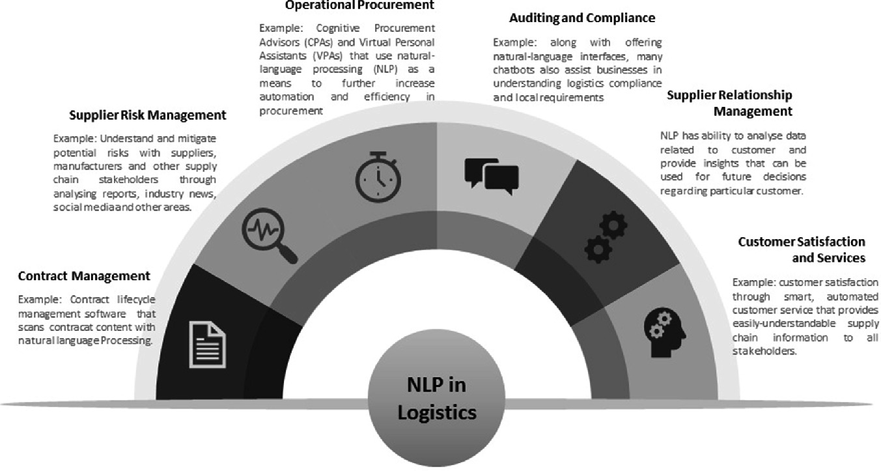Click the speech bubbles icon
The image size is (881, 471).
point(491,174)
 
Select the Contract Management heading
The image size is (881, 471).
point(84,276)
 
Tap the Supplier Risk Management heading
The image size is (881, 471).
point(148,115)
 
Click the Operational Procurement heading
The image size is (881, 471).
point(359,5)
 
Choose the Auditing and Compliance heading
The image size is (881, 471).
point(581,18)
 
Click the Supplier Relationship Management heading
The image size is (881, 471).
point(729,103)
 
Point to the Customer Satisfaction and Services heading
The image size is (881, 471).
point(802,250)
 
